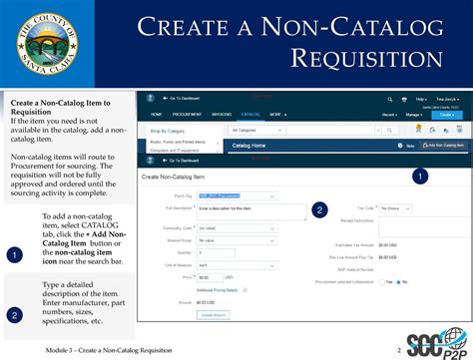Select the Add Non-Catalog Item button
click(x=445, y=146)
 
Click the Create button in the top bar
click(x=446, y=115)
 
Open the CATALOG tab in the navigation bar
click(x=249, y=115)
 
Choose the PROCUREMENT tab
click(x=186, y=115)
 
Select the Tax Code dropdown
click(x=391, y=208)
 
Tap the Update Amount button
click(x=214, y=314)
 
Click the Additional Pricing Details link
click(x=219, y=289)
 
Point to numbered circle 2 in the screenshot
click(x=319, y=209)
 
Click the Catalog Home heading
click(x=248, y=146)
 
